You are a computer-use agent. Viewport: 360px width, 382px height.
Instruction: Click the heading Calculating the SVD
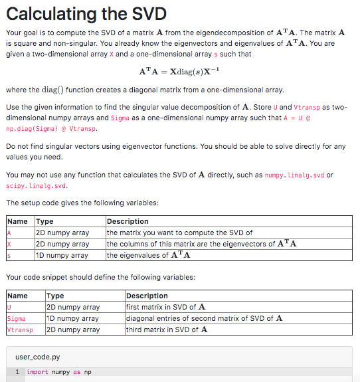coord(86,14)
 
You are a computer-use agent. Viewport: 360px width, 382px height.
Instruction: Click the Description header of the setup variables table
coord(128,221)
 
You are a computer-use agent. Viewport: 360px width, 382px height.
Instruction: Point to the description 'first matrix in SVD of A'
coord(165,307)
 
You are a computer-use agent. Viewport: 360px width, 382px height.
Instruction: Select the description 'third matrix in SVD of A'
coord(166,330)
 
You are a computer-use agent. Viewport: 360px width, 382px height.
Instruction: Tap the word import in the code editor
coord(37,372)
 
